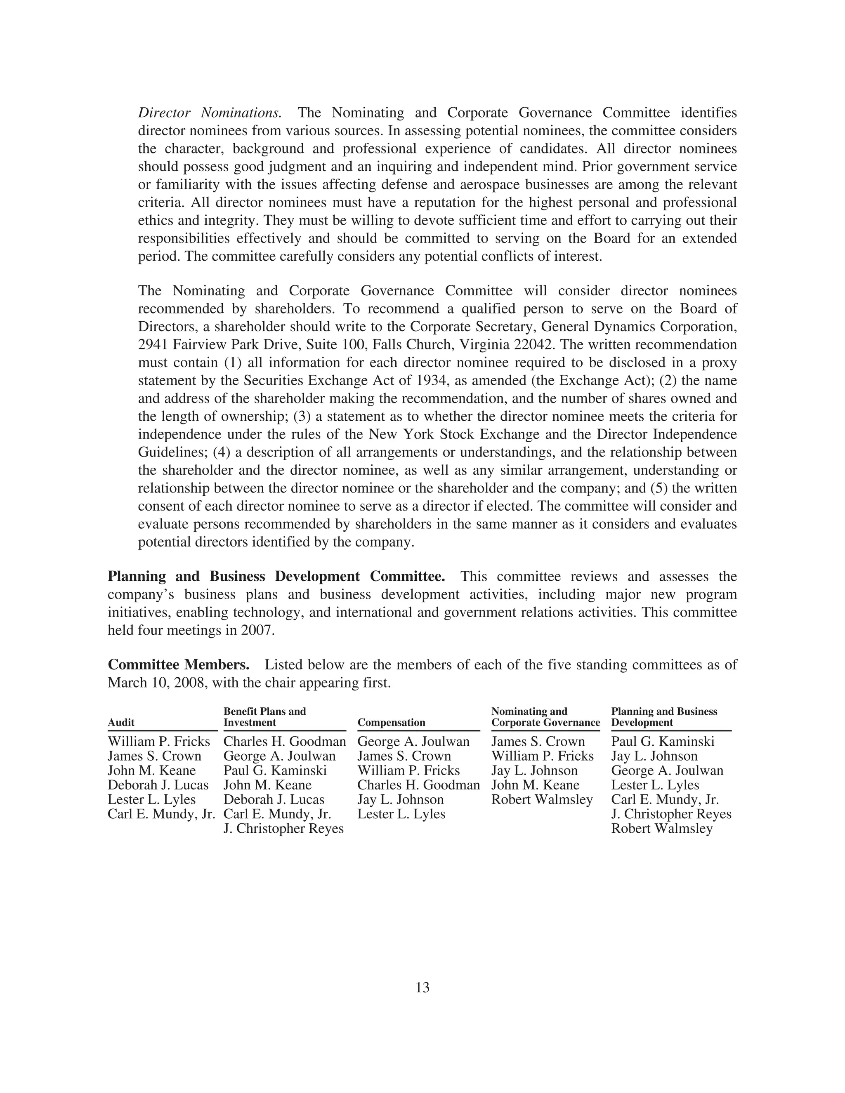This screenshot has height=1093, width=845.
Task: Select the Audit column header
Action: [x=121, y=723]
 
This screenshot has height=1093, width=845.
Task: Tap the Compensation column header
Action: [x=391, y=723]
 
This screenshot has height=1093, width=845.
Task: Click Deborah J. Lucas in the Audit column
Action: [x=158, y=785]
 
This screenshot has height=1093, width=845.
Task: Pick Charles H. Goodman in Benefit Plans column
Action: [x=284, y=742]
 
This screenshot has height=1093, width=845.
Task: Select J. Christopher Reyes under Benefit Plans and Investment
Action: [x=283, y=829]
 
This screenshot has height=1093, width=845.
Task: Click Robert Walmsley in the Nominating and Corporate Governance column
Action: [x=542, y=800]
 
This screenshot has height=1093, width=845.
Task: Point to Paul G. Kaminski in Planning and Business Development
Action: [x=662, y=742]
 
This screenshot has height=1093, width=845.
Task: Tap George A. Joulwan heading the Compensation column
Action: [x=413, y=742]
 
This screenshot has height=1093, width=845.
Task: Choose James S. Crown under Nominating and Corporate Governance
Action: [x=538, y=742]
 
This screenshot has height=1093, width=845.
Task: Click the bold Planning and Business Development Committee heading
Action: [x=276, y=577]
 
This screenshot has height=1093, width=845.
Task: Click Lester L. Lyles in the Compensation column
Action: [x=401, y=814]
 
